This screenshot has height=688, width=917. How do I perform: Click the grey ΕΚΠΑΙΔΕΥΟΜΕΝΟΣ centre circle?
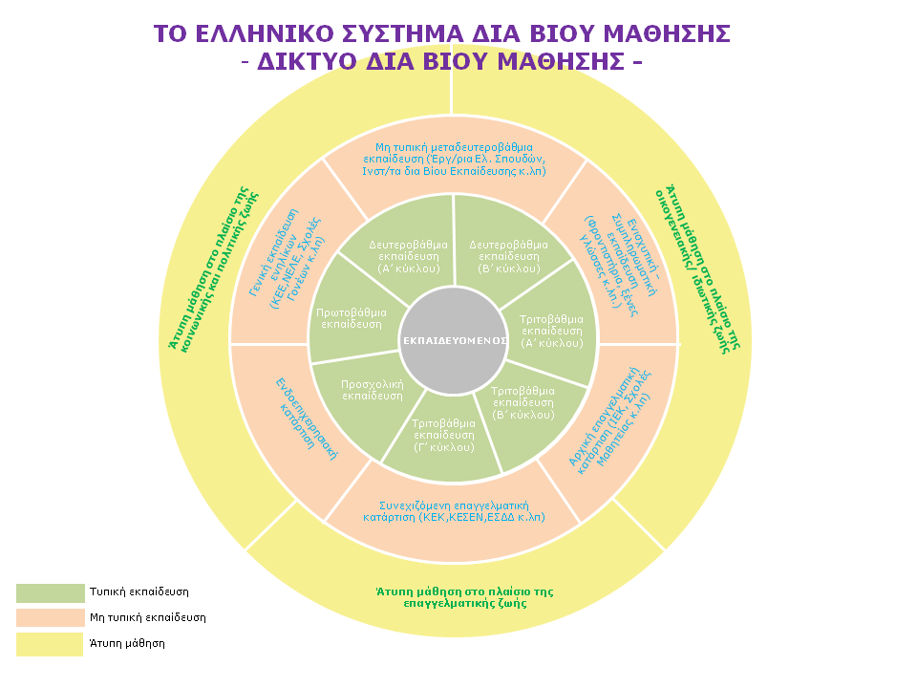(x=453, y=340)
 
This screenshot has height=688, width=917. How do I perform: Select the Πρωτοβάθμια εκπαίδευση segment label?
(x=352, y=318)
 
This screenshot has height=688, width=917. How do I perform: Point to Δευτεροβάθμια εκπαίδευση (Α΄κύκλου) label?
(x=408, y=256)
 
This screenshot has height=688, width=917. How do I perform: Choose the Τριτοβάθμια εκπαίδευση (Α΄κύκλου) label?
(x=551, y=330)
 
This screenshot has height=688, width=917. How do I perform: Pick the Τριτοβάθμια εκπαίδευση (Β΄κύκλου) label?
(x=522, y=402)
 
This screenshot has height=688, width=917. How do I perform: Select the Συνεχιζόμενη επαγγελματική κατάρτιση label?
(x=454, y=510)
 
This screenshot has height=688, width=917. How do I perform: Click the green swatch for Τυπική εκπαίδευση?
(x=50, y=592)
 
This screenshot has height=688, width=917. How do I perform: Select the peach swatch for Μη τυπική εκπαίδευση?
(x=50, y=618)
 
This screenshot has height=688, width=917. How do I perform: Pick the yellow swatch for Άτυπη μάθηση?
(x=50, y=644)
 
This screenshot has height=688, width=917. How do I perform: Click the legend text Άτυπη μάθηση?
(x=127, y=644)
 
